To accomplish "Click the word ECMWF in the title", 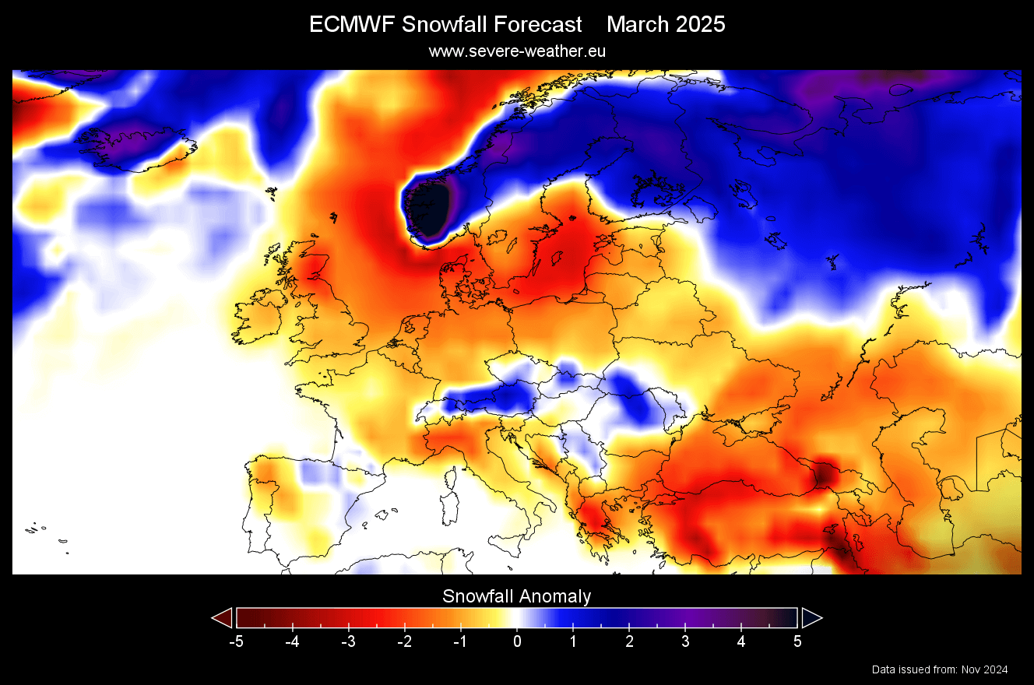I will pos(352,25).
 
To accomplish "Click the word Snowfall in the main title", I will pos(438,25).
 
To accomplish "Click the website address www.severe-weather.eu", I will pos(517,51).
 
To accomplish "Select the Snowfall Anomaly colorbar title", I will pos(517,597).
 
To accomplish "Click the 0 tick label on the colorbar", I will pos(517,642).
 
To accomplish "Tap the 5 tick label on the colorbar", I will pos(797,642).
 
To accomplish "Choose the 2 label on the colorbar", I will pos(629,642).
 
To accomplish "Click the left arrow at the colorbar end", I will pos(223,618).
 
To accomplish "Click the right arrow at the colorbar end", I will pos(811,618).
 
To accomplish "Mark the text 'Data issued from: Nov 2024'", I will pos(940,669).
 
